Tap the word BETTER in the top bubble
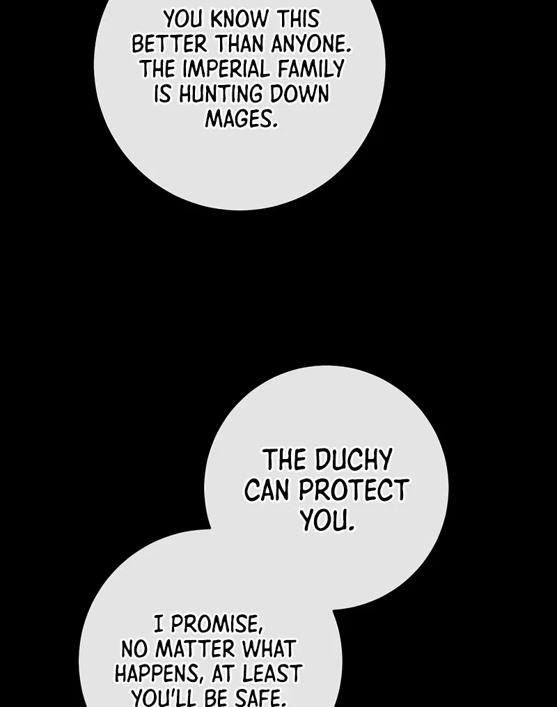click(x=169, y=45)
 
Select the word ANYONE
click(x=311, y=45)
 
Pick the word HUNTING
click(x=221, y=94)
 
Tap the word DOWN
click(x=299, y=94)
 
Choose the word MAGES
click(x=241, y=119)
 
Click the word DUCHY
click(x=353, y=460)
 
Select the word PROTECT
click(x=354, y=490)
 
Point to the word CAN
click(x=268, y=490)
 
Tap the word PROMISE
click(x=216, y=625)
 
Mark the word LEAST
click(x=272, y=674)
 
